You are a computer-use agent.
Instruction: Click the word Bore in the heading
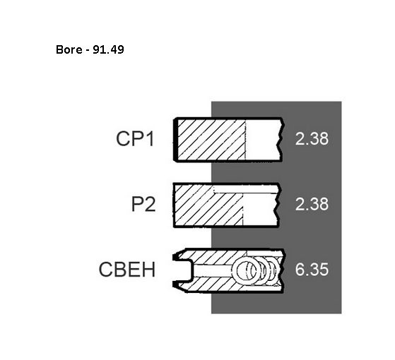(x=69, y=49)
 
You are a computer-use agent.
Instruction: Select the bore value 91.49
(x=108, y=49)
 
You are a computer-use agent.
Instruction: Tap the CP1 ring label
(x=135, y=138)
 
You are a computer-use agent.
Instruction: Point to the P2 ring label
(x=143, y=204)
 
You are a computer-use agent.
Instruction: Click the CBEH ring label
(x=127, y=270)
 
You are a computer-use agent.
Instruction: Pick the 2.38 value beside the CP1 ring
(x=312, y=138)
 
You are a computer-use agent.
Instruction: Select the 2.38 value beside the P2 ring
(x=312, y=204)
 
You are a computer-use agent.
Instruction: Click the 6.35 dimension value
(x=312, y=270)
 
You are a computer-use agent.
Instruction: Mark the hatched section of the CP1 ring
(x=211, y=139)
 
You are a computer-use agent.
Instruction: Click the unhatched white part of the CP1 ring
(x=262, y=139)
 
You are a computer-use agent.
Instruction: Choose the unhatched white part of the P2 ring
(x=259, y=210)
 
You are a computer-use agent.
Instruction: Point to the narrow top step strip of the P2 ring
(x=246, y=189)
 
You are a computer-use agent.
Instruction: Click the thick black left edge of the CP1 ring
(x=175, y=139)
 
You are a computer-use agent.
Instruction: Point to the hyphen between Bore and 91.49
(x=87, y=50)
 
